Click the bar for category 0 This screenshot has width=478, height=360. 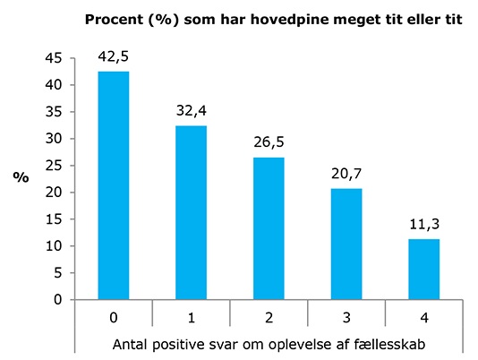click(x=114, y=185)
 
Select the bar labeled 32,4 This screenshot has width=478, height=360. click(x=192, y=212)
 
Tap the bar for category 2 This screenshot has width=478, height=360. click(x=269, y=228)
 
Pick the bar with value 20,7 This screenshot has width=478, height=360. click(x=346, y=244)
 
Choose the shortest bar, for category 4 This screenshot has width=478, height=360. click(x=424, y=270)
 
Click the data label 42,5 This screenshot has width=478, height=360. click(x=114, y=57)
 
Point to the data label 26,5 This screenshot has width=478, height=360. click(x=269, y=142)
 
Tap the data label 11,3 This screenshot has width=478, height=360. click(x=424, y=225)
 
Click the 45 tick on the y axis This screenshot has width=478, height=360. click(x=54, y=58)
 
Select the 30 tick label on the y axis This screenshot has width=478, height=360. click(x=54, y=139)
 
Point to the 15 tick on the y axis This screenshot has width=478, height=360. click(x=54, y=219)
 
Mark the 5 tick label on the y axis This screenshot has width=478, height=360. click(x=58, y=273)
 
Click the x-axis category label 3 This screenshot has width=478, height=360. click(x=346, y=318)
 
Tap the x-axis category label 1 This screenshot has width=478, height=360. click(x=192, y=318)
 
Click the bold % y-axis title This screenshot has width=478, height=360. click(x=21, y=177)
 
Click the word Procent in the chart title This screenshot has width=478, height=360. click(x=114, y=20)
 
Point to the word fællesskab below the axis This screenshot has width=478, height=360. click(x=389, y=345)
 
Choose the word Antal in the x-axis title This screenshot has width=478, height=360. click(x=131, y=345)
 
